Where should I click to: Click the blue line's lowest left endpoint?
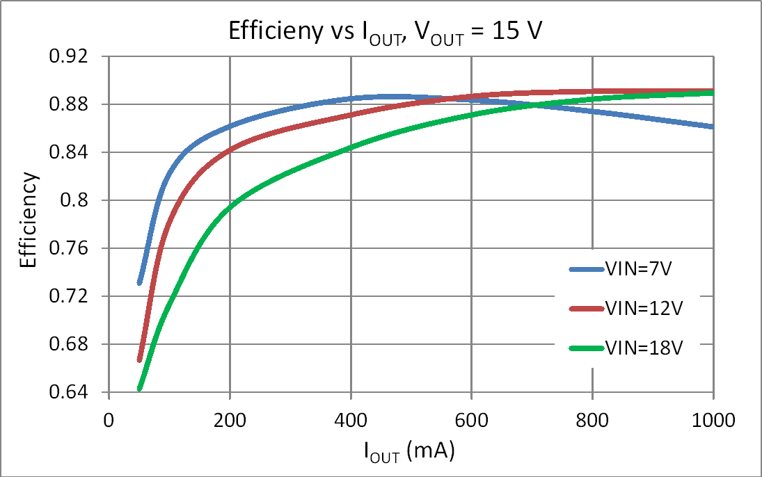pyautogui.click(x=140, y=282)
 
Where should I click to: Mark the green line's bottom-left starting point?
pyautogui.click(x=140, y=388)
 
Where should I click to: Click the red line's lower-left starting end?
pyautogui.click(x=140, y=359)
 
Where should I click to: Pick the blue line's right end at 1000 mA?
pyautogui.click(x=713, y=127)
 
